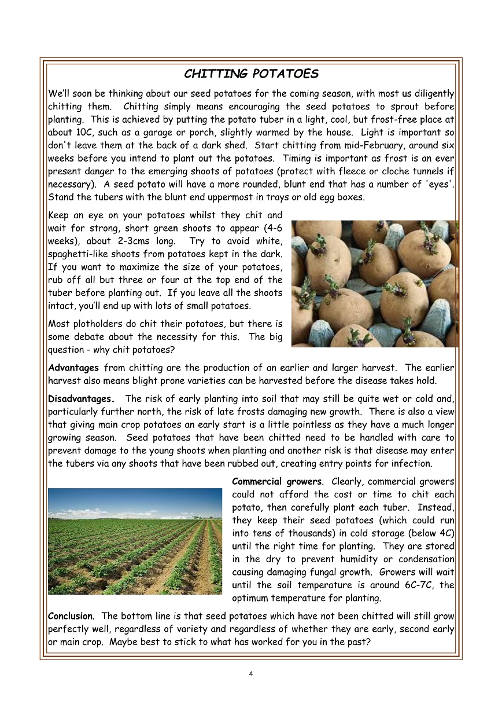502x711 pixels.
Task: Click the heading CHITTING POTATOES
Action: (251, 74)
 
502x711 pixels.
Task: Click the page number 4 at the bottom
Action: (251, 673)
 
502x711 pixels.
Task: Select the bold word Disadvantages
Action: (81, 399)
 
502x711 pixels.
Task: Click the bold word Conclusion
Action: (71, 616)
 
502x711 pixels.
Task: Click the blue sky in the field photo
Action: (135, 501)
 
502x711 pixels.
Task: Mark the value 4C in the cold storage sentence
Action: (446, 533)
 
